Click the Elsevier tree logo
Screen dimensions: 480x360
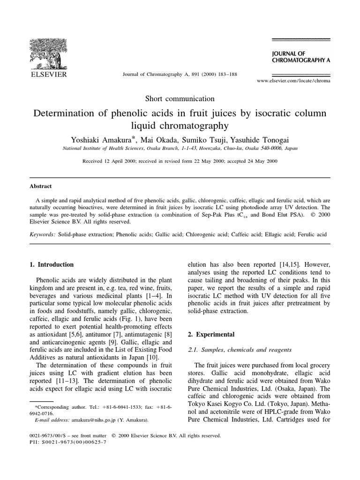pos(49,52)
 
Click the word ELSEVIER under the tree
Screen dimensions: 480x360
pos(49,75)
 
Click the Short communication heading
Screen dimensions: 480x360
pos(180,98)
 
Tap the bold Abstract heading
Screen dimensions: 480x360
pos(41,186)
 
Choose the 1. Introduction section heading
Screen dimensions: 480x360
pos(52,264)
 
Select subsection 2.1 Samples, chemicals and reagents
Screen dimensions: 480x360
pos(239,350)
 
